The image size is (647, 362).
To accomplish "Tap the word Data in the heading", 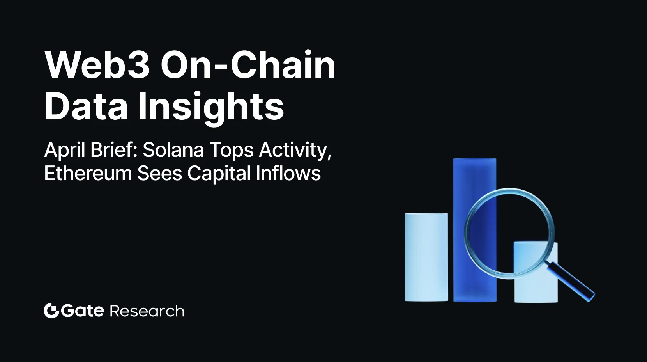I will pos(86,106).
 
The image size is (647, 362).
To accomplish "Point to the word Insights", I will pos(211,107).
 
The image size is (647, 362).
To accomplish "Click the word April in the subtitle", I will pos(64,150).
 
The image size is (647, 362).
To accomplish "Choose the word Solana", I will pos(173,150).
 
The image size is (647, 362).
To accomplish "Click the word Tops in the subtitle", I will pos(232,151).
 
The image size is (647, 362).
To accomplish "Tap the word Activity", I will pos(295,150).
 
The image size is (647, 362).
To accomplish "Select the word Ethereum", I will pos(88,173).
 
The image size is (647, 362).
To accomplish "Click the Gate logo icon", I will pos(51,311).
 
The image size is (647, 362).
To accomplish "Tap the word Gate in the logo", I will pos(82,311).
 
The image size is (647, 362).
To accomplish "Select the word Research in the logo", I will pos(147,311).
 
